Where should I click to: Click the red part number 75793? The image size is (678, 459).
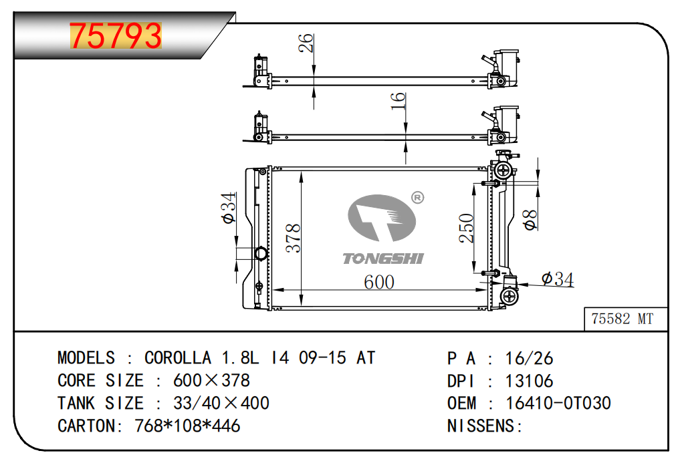tap(116, 35)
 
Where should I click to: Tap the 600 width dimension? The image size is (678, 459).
tap(378, 282)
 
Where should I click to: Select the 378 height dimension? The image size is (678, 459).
tap(293, 238)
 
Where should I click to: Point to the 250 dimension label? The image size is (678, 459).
tap(467, 228)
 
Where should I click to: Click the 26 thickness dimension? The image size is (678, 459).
tap(306, 43)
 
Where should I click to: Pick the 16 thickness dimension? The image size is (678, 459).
tap(398, 101)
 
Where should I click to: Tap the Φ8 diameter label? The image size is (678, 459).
tap(530, 220)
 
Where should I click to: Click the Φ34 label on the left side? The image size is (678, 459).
tap(228, 208)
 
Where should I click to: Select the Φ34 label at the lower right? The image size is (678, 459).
tap(558, 279)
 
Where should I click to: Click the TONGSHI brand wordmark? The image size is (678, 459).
tap(383, 259)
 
